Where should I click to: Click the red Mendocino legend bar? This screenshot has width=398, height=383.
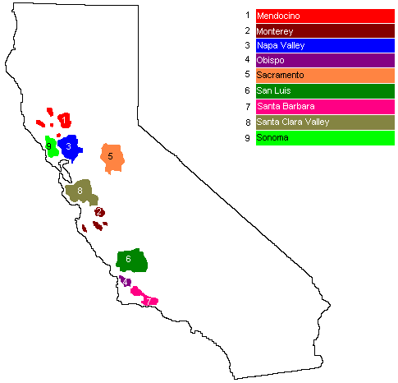pos(325,16)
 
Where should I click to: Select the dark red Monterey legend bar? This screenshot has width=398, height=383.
pos(325,30)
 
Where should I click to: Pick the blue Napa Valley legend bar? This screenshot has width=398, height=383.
pos(325,46)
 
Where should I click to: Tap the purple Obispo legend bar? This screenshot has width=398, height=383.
pos(325,61)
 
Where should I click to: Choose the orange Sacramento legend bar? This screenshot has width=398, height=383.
pos(325,76)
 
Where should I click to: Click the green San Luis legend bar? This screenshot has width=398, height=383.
pos(325,91)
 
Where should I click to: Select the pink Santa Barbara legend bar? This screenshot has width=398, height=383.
pos(325,106)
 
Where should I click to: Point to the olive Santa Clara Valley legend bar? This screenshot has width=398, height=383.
pos(325,122)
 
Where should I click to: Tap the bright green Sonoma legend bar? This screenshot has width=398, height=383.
pos(325,137)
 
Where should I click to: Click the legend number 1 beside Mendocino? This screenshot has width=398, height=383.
pos(247,16)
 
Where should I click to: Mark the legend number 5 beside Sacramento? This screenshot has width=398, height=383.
pos(247,76)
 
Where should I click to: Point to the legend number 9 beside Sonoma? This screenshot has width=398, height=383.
pos(247,137)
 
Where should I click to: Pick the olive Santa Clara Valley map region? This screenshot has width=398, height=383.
pos(81,192)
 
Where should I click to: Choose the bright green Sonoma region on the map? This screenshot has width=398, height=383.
pos(51,146)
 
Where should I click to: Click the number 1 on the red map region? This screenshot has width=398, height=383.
pos(65,120)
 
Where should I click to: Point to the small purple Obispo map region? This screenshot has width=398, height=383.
pos(126,281)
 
